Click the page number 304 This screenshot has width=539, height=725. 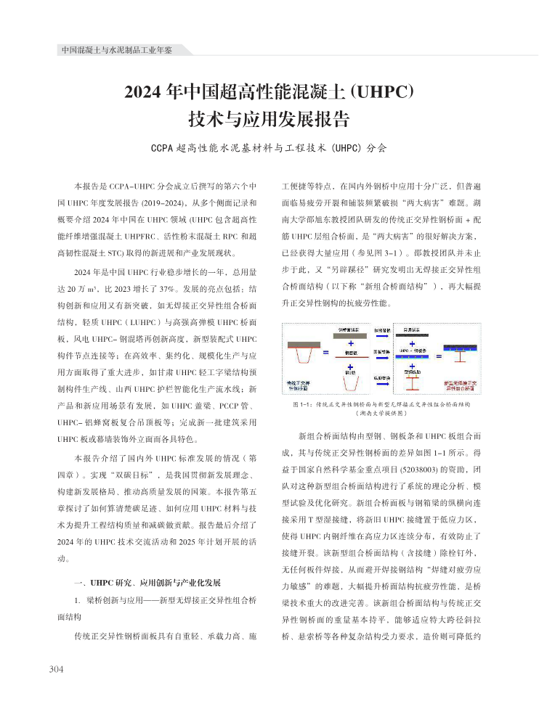tap(57, 668)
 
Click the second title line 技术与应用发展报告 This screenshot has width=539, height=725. tap(269, 118)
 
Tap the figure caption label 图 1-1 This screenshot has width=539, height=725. tap(301, 404)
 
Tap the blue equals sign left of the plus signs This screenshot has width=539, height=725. tap(326, 353)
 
